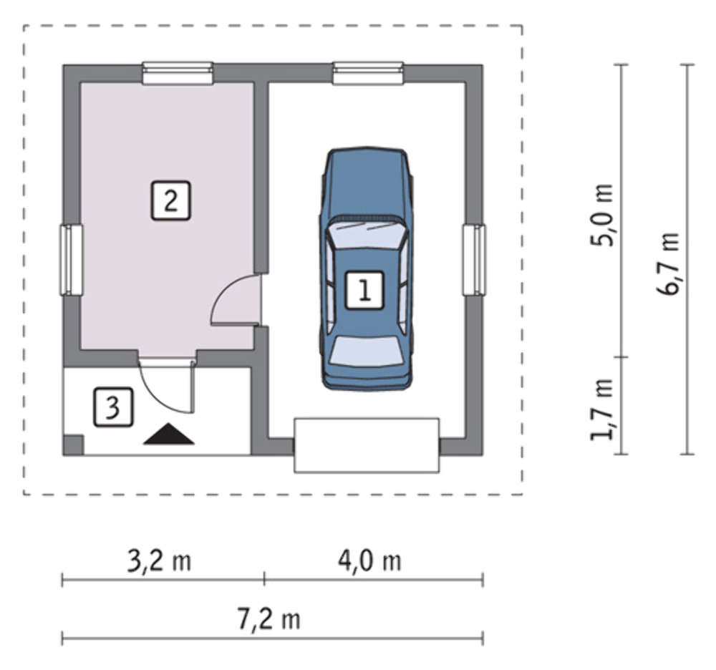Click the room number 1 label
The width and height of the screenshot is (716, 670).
(x=364, y=291)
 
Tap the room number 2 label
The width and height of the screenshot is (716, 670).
(x=170, y=201)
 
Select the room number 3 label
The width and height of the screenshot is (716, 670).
(x=113, y=407)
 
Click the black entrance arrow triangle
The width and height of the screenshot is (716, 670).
(x=169, y=434)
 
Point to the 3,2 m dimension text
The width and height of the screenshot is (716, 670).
(x=158, y=561)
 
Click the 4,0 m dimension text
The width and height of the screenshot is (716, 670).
(x=369, y=561)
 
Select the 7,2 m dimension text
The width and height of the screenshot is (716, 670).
(x=269, y=620)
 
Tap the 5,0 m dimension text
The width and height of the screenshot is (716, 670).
(x=601, y=215)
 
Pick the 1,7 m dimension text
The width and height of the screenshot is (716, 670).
(x=601, y=409)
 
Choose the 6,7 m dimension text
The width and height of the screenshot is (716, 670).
(x=667, y=264)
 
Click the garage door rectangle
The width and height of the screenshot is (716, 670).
(x=367, y=445)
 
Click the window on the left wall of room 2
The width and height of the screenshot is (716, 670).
(x=71, y=260)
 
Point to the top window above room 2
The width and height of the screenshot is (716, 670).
(x=178, y=74)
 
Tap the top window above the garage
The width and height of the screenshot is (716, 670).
(x=368, y=74)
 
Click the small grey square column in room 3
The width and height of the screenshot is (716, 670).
(x=73, y=445)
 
